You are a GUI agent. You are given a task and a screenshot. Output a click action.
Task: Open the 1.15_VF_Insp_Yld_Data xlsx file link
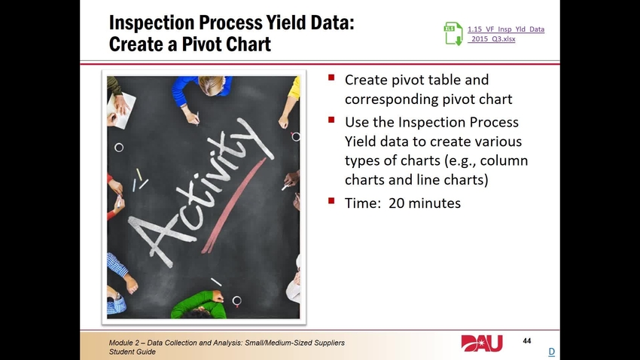tap(506, 34)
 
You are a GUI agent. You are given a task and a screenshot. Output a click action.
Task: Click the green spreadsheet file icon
tap(453, 34)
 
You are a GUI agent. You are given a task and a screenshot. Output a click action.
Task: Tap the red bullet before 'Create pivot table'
tap(332, 78)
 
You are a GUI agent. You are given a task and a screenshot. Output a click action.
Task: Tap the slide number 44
tap(527, 342)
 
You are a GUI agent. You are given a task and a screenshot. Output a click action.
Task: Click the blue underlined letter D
tap(551, 352)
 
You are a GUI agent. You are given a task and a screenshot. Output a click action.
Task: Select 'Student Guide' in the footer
tap(133, 352)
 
